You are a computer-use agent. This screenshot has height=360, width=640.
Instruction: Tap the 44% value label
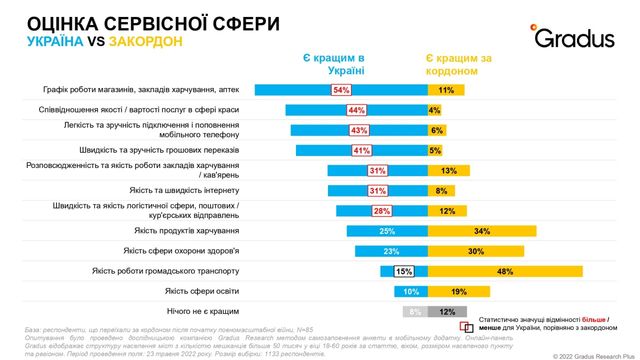pos(355,110)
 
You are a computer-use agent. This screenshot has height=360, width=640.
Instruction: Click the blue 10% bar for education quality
pos(411,291)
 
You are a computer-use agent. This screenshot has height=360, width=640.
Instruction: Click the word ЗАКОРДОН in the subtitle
pos(143,42)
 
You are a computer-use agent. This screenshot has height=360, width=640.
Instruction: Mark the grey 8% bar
pos(414,311)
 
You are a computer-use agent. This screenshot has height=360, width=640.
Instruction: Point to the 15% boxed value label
pos(404,271)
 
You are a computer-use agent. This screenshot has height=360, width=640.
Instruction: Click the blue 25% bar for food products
pos(387,231)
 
